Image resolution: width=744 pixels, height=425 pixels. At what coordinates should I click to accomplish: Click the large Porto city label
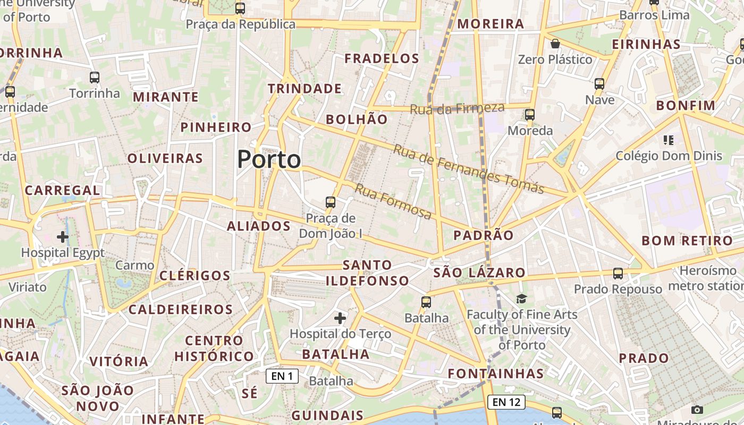tap(269, 159)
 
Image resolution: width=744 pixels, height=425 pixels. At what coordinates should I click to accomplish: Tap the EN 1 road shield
tap(282, 376)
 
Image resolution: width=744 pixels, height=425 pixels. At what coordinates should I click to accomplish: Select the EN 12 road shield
tap(506, 402)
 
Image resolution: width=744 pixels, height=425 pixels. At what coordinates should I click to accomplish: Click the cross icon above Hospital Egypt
tap(63, 236)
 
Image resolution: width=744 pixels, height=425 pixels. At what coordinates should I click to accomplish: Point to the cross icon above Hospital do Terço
tap(340, 318)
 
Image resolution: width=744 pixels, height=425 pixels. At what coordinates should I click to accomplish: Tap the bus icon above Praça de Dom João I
tap(331, 202)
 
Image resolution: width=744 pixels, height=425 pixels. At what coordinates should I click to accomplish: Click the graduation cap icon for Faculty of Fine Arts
tap(521, 299)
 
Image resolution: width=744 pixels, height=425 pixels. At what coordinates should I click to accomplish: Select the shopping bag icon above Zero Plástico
tap(555, 44)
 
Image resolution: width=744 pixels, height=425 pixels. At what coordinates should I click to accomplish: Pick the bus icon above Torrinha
tap(95, 78)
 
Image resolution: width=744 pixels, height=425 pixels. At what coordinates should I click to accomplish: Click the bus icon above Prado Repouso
tap(618, 274)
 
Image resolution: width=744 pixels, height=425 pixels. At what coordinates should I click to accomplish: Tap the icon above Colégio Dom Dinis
tap(669, 140)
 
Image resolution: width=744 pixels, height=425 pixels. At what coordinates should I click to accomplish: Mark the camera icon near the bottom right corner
tap(697, 410)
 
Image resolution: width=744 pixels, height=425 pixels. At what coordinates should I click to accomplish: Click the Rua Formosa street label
tap(393, 201)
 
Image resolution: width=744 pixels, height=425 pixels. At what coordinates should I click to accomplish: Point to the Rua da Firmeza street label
tap(457, 108)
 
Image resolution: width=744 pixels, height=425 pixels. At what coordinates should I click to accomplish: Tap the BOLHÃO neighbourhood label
tap(357, 120)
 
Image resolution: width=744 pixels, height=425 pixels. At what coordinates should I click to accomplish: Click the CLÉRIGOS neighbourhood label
tap(195, 276)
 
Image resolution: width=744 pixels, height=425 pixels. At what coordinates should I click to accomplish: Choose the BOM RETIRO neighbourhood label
tap(687, 240)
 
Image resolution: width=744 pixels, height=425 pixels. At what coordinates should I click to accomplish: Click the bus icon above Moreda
tap(530, 114)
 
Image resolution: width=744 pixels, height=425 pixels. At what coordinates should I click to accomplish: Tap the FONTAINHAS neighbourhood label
tap(496, 373)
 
